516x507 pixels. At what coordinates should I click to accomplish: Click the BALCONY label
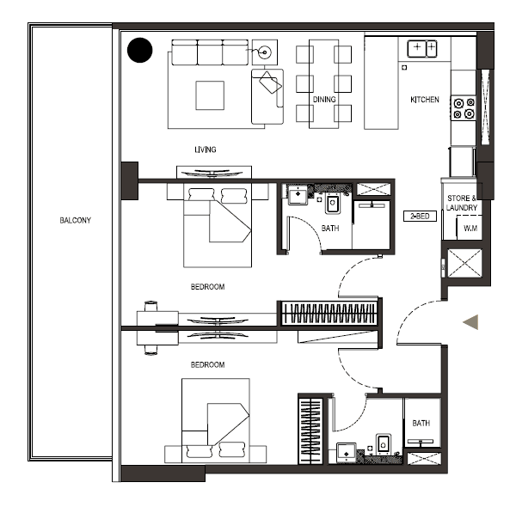[x=76, y=220]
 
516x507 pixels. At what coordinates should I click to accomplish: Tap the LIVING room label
[x=206, y=150]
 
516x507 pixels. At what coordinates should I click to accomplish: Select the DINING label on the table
[x=324, y=100]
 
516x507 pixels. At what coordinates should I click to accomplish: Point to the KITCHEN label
[x=425, y=100]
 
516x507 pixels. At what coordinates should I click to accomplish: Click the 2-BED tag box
[x=420, y=216]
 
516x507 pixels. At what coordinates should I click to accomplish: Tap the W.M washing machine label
[x=470, y=229]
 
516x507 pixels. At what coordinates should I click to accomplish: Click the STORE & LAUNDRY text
[x=462, y=203]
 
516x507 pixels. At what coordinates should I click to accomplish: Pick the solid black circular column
[x=140, y=50]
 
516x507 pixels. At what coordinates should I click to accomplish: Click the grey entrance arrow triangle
[x=470, y=322]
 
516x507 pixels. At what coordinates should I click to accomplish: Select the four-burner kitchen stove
[x=464, y=108]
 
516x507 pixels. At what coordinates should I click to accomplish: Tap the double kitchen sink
[x=422, y=49]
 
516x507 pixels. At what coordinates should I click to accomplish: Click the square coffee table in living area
[x=210, y=95]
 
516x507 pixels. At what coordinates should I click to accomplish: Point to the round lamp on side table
[x=265, y=52]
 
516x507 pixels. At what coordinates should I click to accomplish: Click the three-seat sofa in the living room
[x=210, y=52]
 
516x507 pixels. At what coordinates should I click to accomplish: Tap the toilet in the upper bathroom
[x=332, y=203]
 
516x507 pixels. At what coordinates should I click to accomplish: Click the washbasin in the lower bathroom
[x=347, y=453]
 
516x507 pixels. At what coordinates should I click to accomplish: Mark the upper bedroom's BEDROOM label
[x=207, y=287]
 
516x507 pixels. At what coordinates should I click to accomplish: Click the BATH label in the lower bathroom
[x=421, y=423]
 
